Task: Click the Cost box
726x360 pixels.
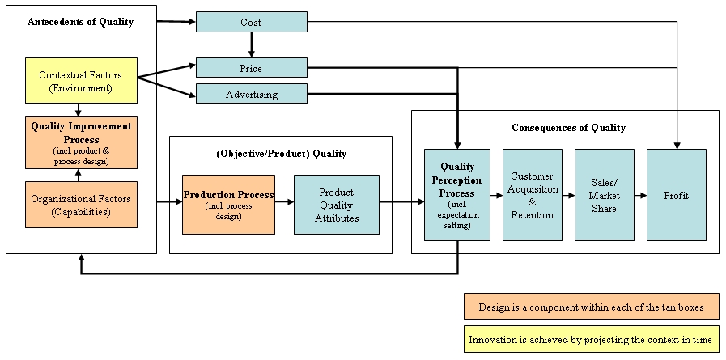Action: pos(251,22)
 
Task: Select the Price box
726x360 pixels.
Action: pos(251,68)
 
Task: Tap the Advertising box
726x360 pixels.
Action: pos(251,94)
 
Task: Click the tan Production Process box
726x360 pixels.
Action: pos(228,205)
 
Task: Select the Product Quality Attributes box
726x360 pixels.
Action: pos(336,205)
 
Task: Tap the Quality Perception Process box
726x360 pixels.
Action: pos(456,195)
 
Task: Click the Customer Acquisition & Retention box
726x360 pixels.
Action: pos(532,195)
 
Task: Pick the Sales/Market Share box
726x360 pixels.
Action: pos(604,195)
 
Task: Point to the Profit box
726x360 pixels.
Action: pos(676,195)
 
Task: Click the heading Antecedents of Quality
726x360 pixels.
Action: pos(80,22)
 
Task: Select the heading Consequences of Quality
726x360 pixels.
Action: pos(568,128)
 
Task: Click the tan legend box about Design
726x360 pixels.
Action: pos(591,307)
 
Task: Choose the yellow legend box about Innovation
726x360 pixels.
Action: pos(591,340)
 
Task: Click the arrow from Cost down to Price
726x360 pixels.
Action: pos(252,44)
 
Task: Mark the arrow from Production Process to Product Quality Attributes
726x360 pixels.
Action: pos(283,205)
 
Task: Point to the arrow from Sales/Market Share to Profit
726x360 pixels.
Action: pos(640,195)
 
